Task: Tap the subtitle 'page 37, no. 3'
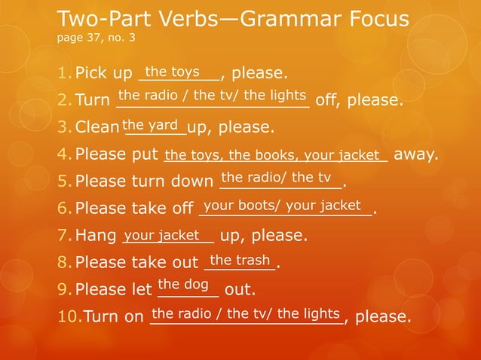pos(96,37)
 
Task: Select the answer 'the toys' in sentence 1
pos(172,72)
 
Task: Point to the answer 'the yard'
pos(150,124)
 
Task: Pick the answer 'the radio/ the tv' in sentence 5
pos(276,177)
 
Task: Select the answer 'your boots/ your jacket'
pos(282,205)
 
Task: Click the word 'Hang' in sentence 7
pos(96,236)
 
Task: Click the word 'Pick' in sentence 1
pos(93,74)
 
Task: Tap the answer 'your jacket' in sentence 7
pos(161,235)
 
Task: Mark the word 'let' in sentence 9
pos(141,289)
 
